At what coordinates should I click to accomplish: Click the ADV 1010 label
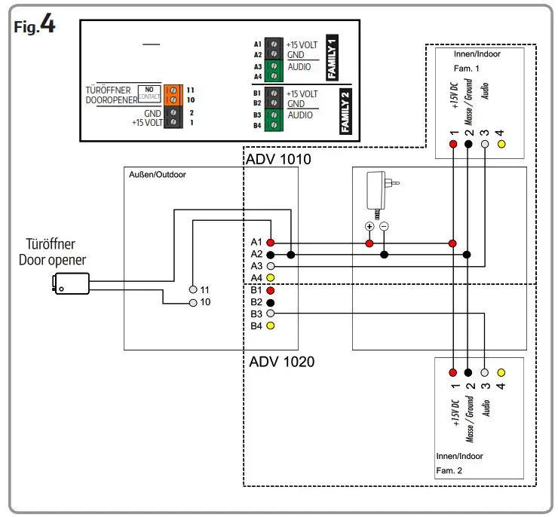tap(278, 160)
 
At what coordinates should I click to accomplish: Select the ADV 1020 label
tap(281, 362)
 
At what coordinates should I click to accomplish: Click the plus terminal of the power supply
tap(369, 226)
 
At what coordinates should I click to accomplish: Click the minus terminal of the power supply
tap(384, 226)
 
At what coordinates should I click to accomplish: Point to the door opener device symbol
tap(69, 283)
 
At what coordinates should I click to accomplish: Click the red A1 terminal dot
tap(270, 243)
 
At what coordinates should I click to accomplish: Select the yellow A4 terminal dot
tap(270, 278)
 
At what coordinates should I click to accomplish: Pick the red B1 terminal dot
tap(270, 290)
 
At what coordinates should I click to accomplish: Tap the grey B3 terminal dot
tap(270, 314)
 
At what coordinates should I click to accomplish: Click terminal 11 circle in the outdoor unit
tap(194, 289)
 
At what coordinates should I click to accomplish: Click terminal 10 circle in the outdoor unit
tap(194, 302)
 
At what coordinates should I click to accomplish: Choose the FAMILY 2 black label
tap(345, 110)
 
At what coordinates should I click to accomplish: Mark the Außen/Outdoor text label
tap(158, 175)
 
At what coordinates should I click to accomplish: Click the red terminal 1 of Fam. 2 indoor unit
tap(452, 372)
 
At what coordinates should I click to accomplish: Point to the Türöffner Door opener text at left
tap(52, 252)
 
